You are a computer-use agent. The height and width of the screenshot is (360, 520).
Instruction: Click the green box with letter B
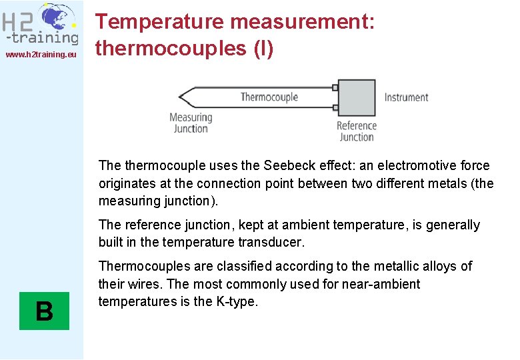[x=44, y=311]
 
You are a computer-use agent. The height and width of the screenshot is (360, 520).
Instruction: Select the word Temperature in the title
[x=159, y=21]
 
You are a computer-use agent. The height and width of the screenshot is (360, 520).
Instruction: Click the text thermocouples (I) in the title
[x=184, y=48]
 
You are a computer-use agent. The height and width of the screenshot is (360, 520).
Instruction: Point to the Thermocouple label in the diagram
[x=269, y=97]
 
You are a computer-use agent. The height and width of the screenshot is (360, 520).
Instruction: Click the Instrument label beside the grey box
[x=406, y=97]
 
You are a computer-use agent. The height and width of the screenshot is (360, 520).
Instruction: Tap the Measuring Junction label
[x=191, y=123]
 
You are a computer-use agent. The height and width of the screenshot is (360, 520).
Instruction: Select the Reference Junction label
[x=357, y=131]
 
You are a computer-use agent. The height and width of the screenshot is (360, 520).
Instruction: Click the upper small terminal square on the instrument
[x=335, y=87]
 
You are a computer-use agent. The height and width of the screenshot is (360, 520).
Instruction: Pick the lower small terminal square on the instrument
[x=335, y=107]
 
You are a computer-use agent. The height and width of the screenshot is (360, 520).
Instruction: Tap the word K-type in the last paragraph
[x=236, y=302]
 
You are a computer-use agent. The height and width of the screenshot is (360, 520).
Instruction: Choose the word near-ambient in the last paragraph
[x=381, y=285]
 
